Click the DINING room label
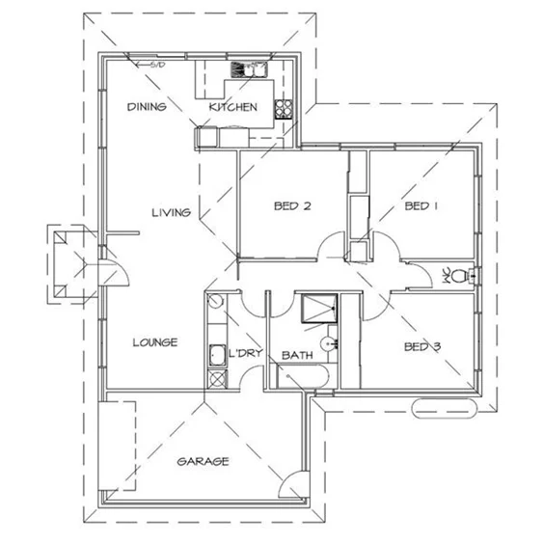pyautogui.click(x=147, y=107)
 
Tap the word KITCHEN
pyautogui.click(x=233, y=107)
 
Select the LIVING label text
pyautogui.click(x=170, y=212)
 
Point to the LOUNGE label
pyautogui.click(x=154, y=342)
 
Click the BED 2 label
pyautogui.click(x=291, y=205)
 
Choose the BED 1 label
pyautogui.click(x=421, y=205)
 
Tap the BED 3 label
pyautogui.click(x=421, y=345)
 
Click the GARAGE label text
pyautogui.click(x=203, y=461)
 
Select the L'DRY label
pyautogui.click(x=246, y=354)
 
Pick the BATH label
pyautogui.click(x=297, y=356)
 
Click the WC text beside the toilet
pyautogui.click(x=447, y=276)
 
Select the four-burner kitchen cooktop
pyautogui.click(x=285, y=107)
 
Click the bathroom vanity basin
pyautogui.click(x=331, y=342)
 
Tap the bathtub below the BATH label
pyautogui.click(x=301, y=376)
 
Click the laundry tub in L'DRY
pyautogui.click(x=218, y=357)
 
